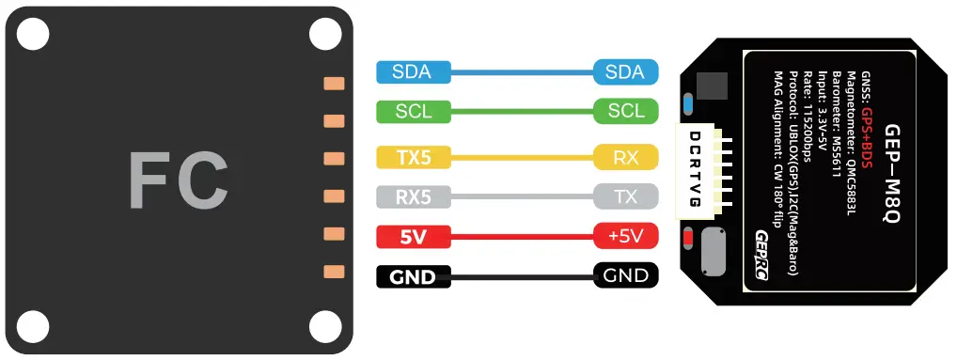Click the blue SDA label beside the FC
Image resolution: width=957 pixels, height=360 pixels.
tap(413, 72)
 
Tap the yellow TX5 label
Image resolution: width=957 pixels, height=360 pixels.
tap(413, 157)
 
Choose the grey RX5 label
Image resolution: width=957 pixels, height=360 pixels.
tap(413, 196)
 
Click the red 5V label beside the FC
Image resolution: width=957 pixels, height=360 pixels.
tap(413, 236)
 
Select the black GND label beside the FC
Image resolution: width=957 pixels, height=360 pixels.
tap(413, 277)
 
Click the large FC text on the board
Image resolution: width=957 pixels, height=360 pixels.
tap(178, 180)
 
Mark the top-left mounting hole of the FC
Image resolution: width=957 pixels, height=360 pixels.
tap(32, 34)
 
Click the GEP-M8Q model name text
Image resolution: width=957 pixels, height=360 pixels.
tap(894, 175)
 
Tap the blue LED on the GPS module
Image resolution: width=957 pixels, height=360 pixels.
tap(688, 102)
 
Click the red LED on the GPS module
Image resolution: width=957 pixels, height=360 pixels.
tap(688, 239)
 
